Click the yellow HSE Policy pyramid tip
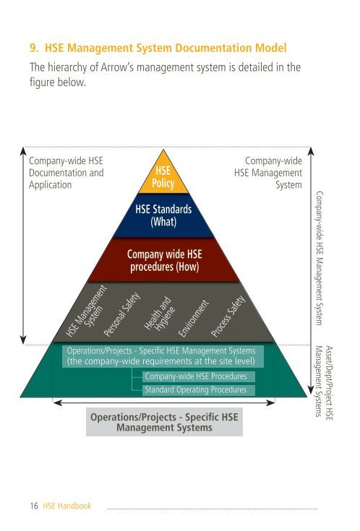(x=163, y=176)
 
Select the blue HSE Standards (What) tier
(x=163, y=215)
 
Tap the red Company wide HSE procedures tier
(x=164, y=260)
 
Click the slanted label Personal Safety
(x=121, y=314)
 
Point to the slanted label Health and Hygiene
(x=159, y=314)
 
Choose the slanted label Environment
(x=193, y=319)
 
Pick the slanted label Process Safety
(x=228, y=316)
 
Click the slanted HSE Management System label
(x=86, y=311)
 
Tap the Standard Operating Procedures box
(x=198, y=390)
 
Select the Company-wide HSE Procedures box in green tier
(x=198, y=376)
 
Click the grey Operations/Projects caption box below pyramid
(x=164, y=422)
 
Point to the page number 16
(x=34, y=506)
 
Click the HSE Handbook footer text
(x=67, y=506)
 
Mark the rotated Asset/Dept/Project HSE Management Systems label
(x=324, y=383)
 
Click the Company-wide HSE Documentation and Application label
(x=66, y=173)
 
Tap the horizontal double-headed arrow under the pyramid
(x=163, y=402)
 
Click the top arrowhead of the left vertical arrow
(x=23, y=151)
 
